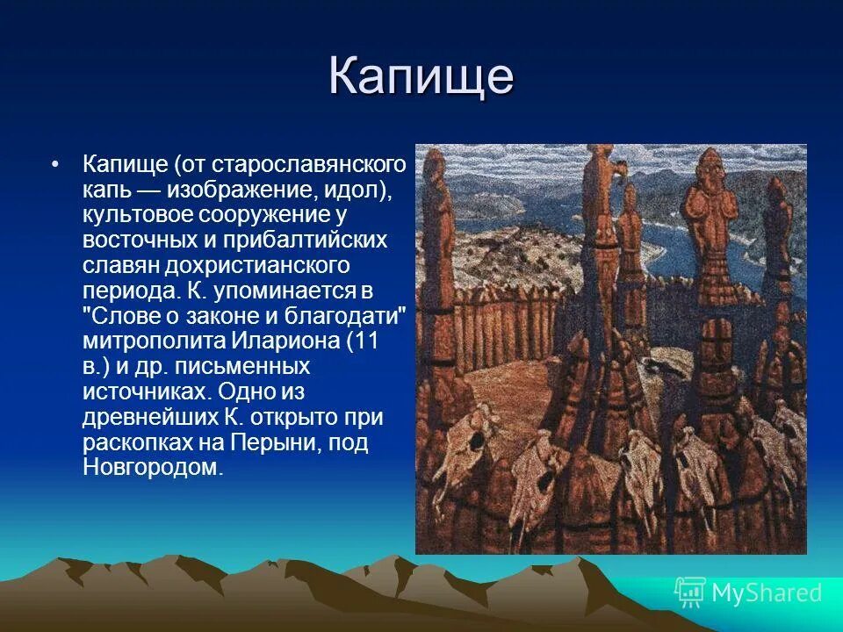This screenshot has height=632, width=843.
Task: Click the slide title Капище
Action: tap(421, 76)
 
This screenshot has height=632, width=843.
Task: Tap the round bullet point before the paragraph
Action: tap(55, 165)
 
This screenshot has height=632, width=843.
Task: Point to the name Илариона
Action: tap(279, 341)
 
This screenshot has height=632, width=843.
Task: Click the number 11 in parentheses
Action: tap(366, 341)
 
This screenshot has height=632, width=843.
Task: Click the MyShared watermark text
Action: tap(767, 592)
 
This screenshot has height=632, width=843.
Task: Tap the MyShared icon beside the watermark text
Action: tap(690, 592)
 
